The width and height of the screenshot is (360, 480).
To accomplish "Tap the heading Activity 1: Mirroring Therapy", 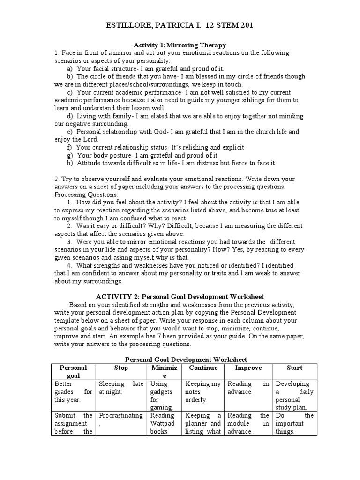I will click(x=180, y=45).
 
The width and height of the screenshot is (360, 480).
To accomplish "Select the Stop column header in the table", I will click(x=121, y=368).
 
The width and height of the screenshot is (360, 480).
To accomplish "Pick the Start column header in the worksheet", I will click(x=294, y=368).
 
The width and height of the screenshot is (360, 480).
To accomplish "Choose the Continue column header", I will click(x=203, y=368).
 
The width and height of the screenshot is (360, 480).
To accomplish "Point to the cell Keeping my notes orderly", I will click(x=203, y=392).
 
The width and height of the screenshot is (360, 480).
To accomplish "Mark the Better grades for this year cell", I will click(x=73, y=392).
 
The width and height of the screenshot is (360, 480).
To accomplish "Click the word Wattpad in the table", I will click(x=162, y=423).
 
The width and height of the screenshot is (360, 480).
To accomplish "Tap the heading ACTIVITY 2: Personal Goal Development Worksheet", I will click(x=180, y=297).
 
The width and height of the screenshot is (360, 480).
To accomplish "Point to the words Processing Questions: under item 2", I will click(x=80, y=195).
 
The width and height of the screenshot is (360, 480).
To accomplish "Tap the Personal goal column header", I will click(x=73, y=372).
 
